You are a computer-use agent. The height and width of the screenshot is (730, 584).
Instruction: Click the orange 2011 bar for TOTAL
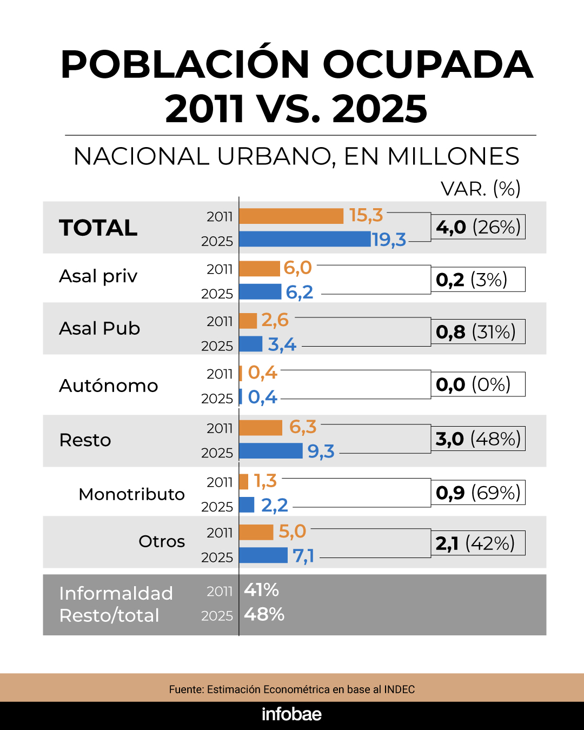291,216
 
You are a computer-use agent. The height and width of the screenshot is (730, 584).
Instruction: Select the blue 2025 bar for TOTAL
304,239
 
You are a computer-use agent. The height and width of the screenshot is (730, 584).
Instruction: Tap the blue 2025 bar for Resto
270,450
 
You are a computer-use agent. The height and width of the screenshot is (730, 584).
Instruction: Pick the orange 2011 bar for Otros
256,532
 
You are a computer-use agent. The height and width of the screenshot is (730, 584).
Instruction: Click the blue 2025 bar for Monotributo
247,505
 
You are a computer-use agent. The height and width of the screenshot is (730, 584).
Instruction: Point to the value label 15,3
366,215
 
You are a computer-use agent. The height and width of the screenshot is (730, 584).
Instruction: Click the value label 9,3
321,451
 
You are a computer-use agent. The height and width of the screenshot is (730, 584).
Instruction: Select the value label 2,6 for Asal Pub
275,320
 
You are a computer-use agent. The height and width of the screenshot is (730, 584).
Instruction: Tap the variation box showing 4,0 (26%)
478,227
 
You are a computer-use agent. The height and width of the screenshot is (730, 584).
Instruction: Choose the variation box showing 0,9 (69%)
478,493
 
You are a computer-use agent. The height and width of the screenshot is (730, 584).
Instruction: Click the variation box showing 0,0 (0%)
478,384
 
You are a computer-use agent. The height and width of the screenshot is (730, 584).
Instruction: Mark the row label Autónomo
108,386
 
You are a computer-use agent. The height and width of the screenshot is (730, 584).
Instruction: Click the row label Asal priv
98,276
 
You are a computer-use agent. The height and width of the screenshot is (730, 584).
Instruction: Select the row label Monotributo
131,494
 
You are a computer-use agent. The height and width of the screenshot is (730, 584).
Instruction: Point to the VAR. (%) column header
480,189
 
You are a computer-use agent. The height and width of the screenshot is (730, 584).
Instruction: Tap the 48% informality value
264,614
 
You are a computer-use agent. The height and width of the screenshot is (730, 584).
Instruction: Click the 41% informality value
261,589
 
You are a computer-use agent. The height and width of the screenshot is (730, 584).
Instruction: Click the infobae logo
291,714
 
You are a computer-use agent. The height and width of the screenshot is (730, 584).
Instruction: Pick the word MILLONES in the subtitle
453,156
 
